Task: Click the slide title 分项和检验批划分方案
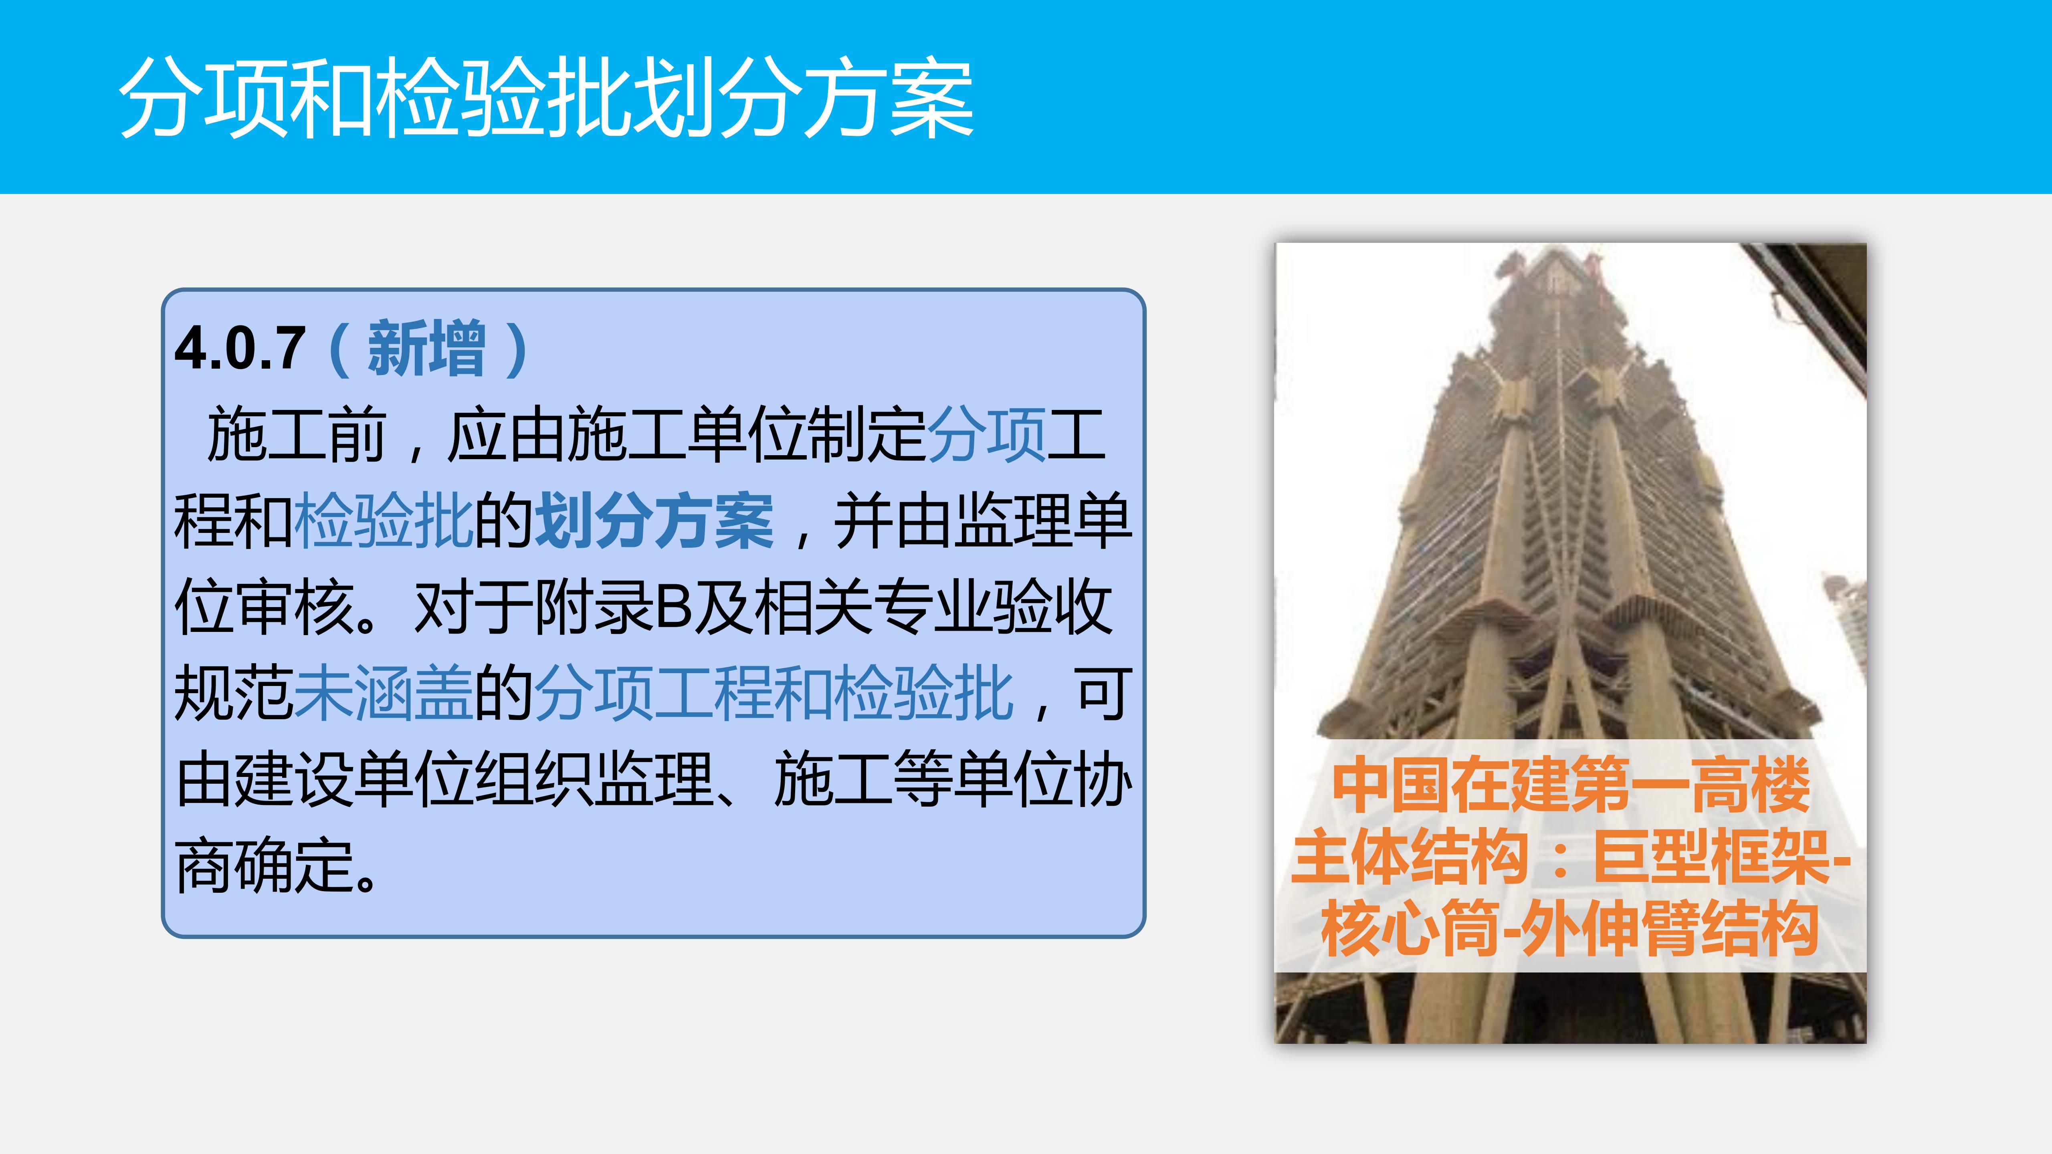tap(546, 99)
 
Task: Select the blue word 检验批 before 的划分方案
tap(384, 522)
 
